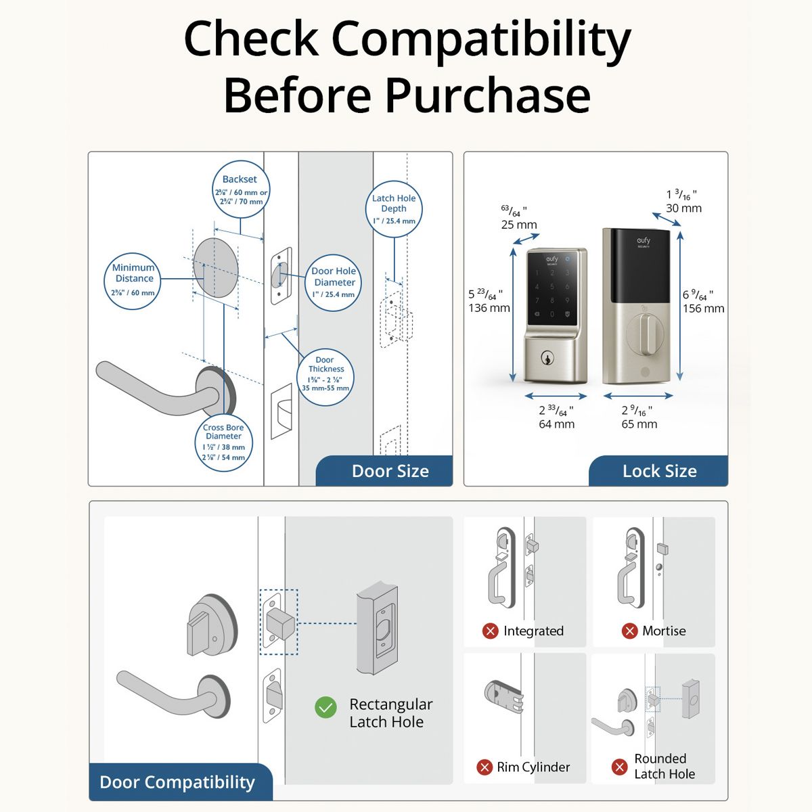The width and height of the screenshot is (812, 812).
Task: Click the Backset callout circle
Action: click(240, 189)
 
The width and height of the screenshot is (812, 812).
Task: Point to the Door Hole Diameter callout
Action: click(334, 282)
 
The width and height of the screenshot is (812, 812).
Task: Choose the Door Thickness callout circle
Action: click(325, 377)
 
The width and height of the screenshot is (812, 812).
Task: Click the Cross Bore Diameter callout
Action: click(223, 442)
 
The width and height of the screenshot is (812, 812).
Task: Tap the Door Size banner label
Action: click(390, 471)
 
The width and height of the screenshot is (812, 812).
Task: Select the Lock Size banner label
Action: click(659, 471)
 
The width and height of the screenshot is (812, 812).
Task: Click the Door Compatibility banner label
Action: click(177, 782)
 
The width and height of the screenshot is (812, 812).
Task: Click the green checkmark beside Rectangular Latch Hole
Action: click(325, 708)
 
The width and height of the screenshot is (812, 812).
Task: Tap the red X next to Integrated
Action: click(490, 631)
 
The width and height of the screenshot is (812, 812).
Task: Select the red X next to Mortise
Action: click(629, 631)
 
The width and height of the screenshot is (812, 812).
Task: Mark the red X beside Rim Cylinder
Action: click(484, 767)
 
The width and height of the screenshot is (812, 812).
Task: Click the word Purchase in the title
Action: click(488, 95)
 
